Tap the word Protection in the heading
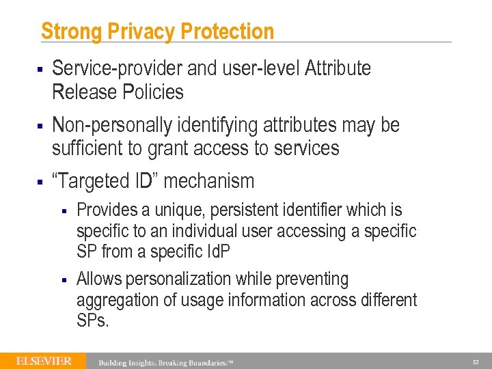tap(227, 31)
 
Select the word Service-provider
tap(107, 68)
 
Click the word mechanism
tap(209, 181)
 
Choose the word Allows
tap(98, 279)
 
